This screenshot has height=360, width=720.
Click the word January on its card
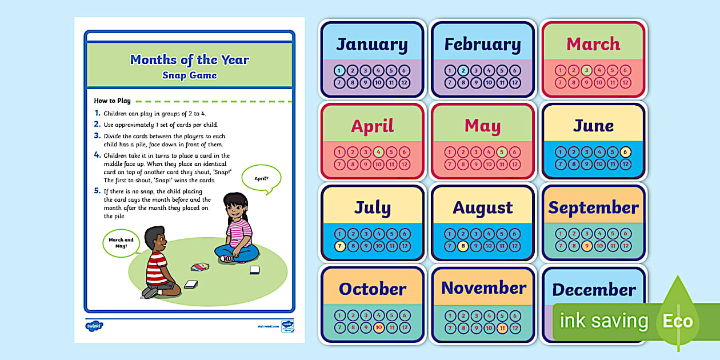point(372,45)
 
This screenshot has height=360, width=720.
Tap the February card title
point(483,45)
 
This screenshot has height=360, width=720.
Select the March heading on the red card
point(593,44)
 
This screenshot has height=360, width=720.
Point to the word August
point(483,207)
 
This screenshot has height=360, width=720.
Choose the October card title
point(372,289)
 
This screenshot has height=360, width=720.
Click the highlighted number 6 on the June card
point(626,152)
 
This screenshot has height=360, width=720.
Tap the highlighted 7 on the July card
point(339,246)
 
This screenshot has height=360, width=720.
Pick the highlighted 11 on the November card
point(502,328)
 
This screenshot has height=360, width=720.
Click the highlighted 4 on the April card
point(378,152)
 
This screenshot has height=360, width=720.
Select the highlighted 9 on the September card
point(586,246)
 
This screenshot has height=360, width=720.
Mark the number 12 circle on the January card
point(405,83)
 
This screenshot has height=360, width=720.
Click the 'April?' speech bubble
point(261,178)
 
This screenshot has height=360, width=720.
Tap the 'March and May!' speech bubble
point(121,242)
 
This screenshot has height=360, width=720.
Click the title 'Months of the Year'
point(190,60)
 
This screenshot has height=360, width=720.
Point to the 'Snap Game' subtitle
point(190,75)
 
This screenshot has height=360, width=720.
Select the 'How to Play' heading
point(113,101)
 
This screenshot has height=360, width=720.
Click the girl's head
point(235,207)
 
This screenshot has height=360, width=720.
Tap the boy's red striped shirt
point(157,267)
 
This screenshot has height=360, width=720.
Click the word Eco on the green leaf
point(678,321)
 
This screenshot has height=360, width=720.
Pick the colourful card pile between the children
point(200,266)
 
